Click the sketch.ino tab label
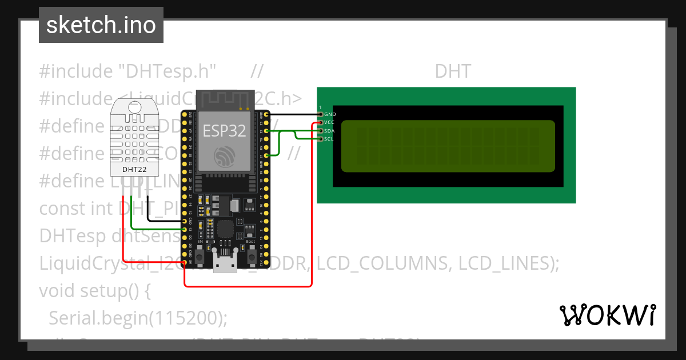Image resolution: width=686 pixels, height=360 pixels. [101, 25]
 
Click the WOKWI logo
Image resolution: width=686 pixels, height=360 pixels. [607, 315]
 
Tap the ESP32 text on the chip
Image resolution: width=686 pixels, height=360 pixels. [224, 131]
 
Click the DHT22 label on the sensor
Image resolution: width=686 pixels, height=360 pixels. [135, 169]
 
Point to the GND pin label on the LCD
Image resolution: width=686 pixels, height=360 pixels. [330, 115]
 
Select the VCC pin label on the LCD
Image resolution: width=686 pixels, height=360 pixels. [329, 123]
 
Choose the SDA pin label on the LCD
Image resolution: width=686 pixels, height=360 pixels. [329, 131]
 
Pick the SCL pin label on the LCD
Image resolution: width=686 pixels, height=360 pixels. [329, 139]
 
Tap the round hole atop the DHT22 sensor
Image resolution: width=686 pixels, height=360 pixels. [135, 106]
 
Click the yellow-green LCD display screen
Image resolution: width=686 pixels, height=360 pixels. [448, 146]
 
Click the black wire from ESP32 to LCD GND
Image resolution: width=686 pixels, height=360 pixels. [292, 114]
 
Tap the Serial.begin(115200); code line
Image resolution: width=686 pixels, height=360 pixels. [138, 317]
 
